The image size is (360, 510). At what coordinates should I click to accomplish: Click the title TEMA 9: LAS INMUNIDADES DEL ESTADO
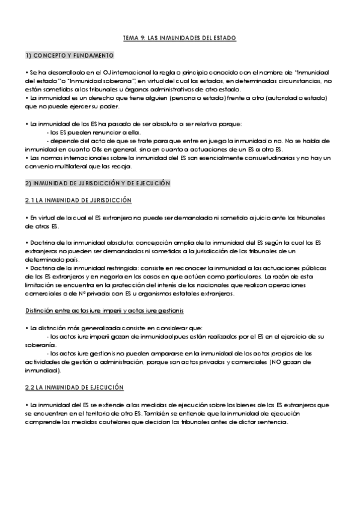click(180, 38)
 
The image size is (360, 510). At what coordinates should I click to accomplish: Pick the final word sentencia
click(274, 422)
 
